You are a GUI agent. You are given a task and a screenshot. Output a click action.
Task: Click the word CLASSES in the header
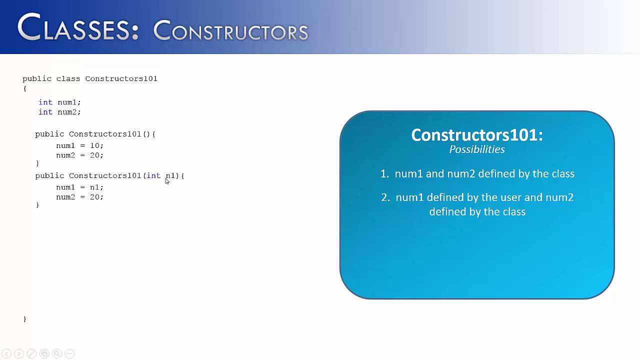[x=77, y=28]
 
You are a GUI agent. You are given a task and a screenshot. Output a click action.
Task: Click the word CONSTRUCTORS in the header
[x=230, y=31]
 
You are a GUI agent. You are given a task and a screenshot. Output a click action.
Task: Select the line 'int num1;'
[x=59, y=102]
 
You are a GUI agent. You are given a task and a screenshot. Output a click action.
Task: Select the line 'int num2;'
[x=59, y=112]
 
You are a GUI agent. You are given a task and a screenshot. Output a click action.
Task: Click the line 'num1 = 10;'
[x=79, y=145]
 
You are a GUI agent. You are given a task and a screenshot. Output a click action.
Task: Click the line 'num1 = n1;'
[x=79, y=187]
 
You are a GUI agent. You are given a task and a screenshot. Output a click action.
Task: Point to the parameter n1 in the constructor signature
[x=170, y=175]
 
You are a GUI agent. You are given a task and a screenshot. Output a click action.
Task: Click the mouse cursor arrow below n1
[x=167, y=181]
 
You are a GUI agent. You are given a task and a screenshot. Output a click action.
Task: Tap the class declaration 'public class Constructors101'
[x=90, y=78]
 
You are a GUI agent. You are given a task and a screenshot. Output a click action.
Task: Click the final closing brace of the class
[x=24, y=318]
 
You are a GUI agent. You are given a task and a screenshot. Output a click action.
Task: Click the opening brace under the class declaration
[x=24, y=88]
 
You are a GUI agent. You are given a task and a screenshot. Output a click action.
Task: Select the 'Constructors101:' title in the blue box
[x=476, y=135]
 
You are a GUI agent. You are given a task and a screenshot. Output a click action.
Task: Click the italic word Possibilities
[x=476, y=149]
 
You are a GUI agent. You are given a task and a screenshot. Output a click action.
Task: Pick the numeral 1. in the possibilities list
[x=384, y=174]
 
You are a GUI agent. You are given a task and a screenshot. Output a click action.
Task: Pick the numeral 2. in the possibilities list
[x=385, y=197]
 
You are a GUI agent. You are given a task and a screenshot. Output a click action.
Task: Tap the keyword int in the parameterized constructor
[x=153, y=175]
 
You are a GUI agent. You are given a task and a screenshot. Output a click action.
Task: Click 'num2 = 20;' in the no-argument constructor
[x=79, y=155]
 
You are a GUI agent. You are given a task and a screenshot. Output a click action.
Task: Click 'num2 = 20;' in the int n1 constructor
[x=79, y=197]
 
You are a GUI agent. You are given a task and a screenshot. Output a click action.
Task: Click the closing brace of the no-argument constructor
[x=37, y=163]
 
